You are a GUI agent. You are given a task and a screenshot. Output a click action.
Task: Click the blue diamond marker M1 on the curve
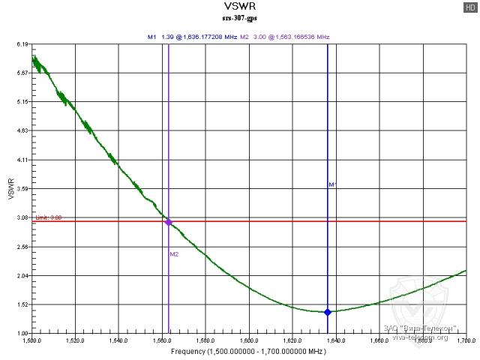tap(327, 312)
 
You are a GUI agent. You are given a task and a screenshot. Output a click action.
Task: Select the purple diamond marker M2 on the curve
tap(169, 222)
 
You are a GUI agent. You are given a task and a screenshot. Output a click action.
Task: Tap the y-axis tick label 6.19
tap(22, 45)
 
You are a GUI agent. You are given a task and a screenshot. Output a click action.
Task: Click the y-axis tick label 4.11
tap(22, 160)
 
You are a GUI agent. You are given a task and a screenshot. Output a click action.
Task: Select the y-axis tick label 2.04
tap(22, 276)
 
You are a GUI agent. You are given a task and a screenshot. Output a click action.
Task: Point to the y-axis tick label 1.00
tap(22, 334)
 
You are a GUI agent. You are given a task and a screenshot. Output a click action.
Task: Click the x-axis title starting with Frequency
tap(247, 350)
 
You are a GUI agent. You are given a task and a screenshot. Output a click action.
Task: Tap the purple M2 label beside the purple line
tap(174, 253)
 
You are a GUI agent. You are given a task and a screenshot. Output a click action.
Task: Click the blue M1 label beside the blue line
tap(332, 184)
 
